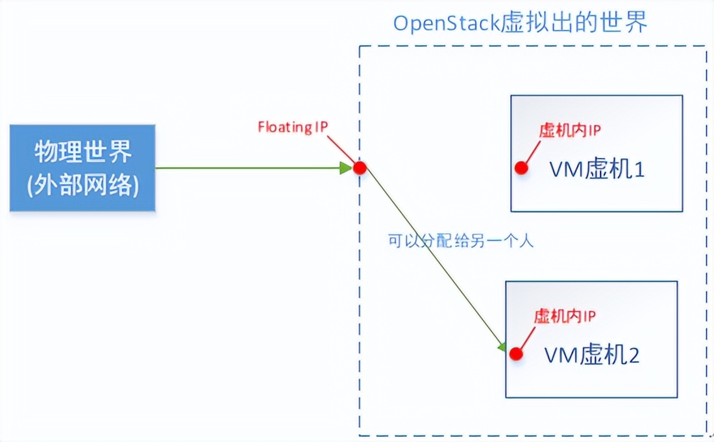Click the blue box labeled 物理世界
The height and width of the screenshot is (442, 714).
(x=82, y=167)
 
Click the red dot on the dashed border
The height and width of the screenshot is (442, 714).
(x=360, y=168)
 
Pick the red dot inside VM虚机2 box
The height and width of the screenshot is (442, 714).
(x=516, y=354)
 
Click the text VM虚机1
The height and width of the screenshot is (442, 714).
(x=597, y=170)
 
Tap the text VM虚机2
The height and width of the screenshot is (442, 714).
(x=592, y=355)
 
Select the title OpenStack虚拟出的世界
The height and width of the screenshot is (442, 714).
(x=520, y=23)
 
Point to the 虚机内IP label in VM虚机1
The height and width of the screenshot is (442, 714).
(x=570, y=130)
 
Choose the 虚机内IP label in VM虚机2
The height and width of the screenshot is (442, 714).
(x=565, y=316)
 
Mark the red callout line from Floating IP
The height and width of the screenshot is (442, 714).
(x=341, y=148)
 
